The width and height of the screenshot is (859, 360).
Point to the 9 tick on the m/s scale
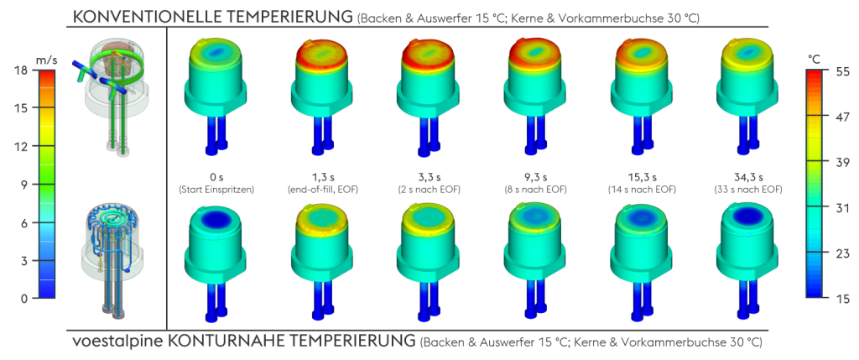pyautogui.click(x=23, y=184)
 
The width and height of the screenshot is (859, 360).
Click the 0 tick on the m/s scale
pyautogui.click(x=23, y=299)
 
